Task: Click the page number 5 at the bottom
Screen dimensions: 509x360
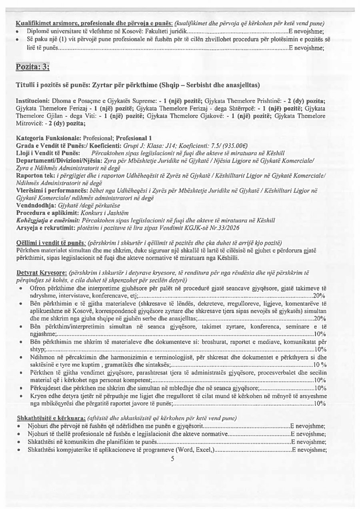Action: pyautogui.click(x=172, y=459)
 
